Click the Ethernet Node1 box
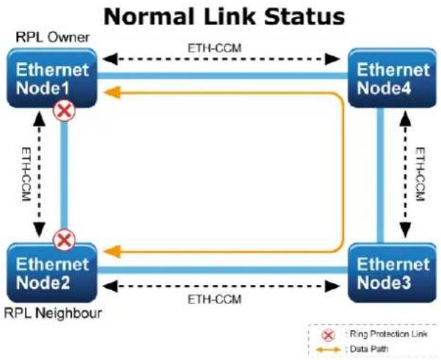click(x=52, y=78)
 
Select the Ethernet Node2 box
click(x=52, y=272)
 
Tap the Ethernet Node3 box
click(x=392, y=272)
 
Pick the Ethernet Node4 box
click(x=392, y=78)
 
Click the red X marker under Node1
click(x=64, y=110)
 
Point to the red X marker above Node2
click(x=64, y=240)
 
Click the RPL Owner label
click(x=52, y=37)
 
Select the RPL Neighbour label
click(x=53, y=313)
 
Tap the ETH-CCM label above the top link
click(x=214, y=48)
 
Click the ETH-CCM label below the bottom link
click(x=214, y=300)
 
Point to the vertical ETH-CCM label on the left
click(x=26, y=174)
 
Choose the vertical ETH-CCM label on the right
click(x=420, y=174)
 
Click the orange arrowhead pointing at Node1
click(x=113, y=93)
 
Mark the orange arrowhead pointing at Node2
click(x=113, y=251)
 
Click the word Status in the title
click(x=304, y=16)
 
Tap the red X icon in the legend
click(x=328, y=335)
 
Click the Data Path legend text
click(x=369, y=349)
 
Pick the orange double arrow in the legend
click(x=328, y=349)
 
